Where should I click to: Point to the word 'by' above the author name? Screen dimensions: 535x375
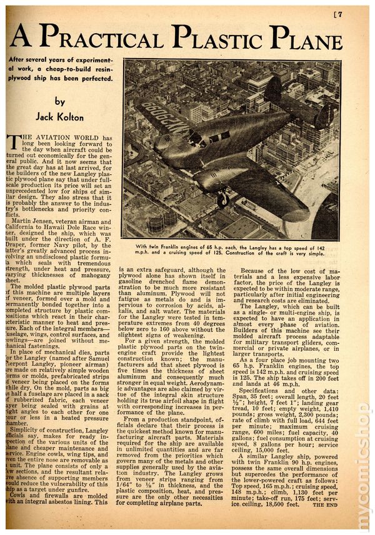pyautogui.click(x=59, y=101)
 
